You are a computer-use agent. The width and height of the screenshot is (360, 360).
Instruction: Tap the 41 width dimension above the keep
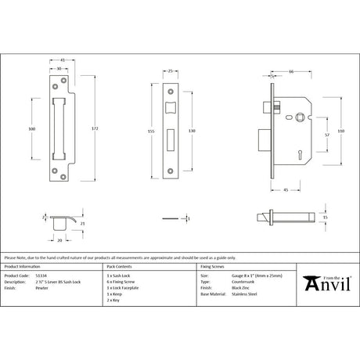(62, 60)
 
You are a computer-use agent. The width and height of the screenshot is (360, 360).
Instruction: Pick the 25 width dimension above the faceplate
(171, 71)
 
